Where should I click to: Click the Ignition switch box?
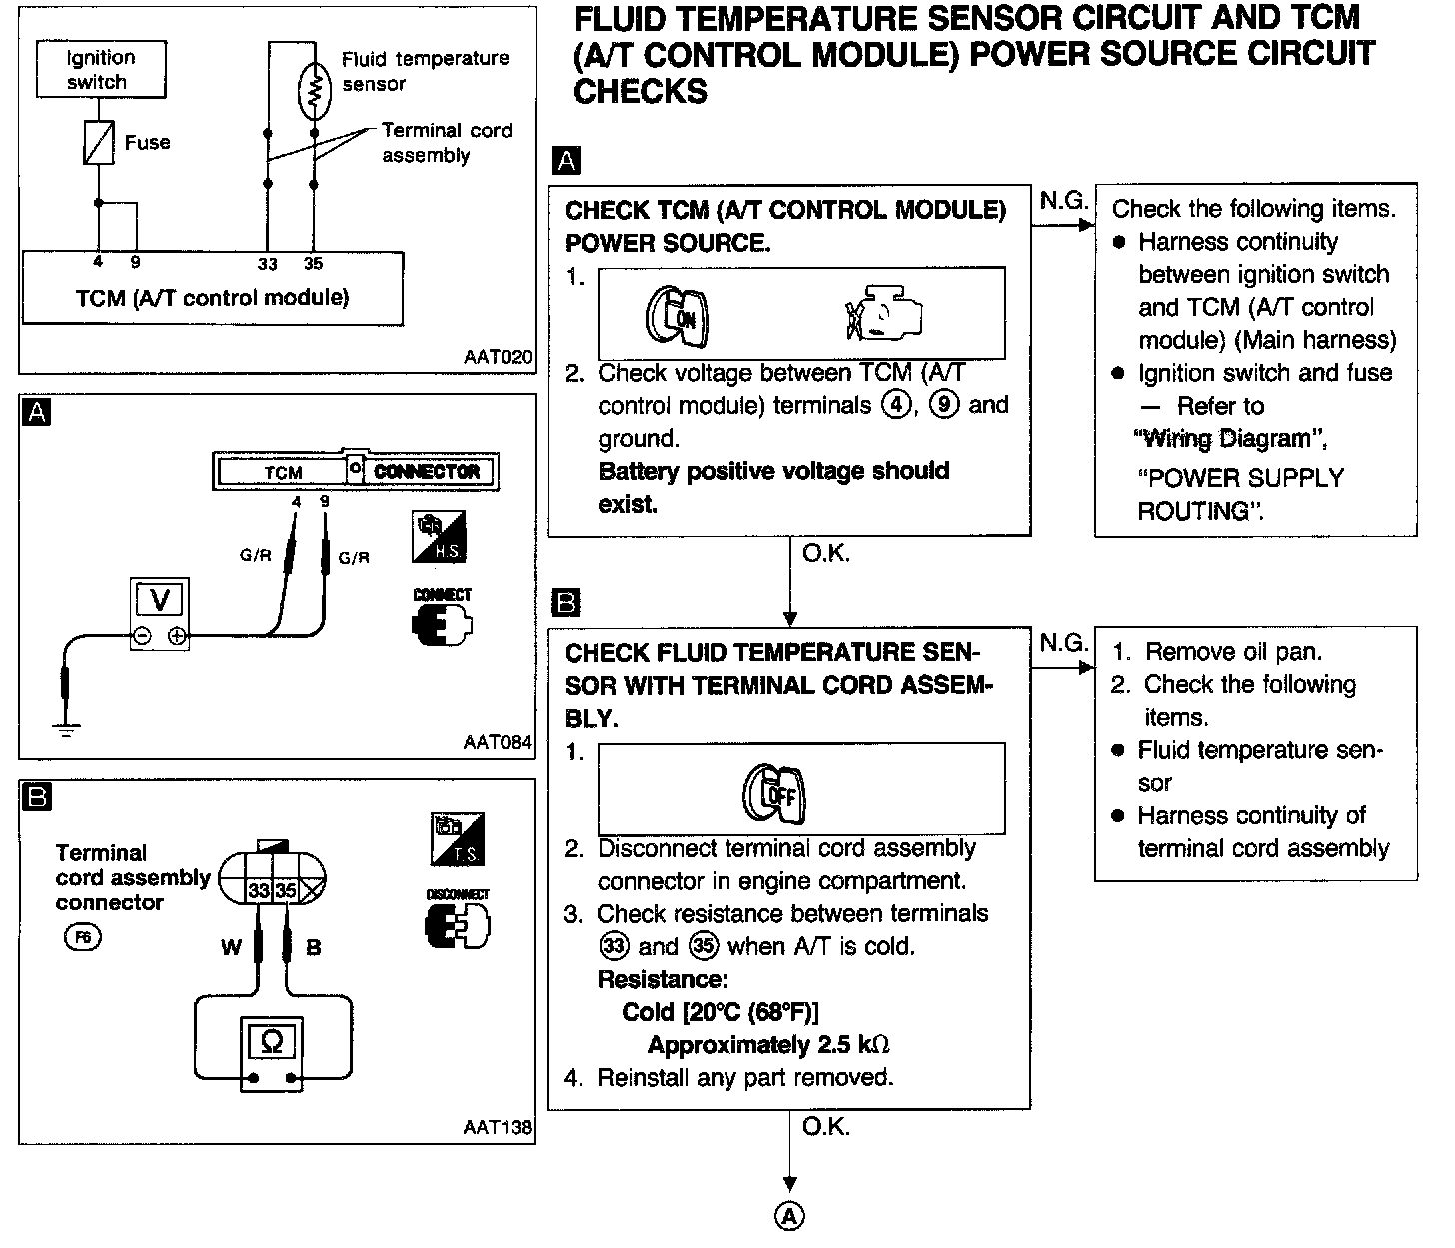point(100,69)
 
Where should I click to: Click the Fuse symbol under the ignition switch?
point(98,142)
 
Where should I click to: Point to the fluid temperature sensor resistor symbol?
point(314,91)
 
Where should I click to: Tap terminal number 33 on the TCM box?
point(267,264)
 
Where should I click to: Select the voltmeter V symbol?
point(159,600)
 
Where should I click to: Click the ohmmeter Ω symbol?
point(271,1042)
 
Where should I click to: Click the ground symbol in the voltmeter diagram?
point(67,728)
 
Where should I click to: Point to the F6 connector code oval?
point(82,937)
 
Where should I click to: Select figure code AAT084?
point(497,743)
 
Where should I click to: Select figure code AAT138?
point(497,1127)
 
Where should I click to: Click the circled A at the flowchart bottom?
point(789,1217)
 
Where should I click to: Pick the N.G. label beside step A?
point(1063,201)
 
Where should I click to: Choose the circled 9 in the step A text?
point(940,405)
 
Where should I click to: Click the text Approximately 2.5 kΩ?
point(767,1045)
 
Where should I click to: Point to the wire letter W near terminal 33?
point(231,946)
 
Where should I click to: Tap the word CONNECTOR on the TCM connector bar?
point(427,471)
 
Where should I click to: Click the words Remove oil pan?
point(1233,652)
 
